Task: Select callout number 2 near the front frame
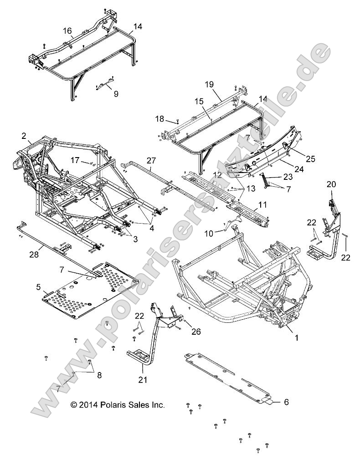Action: click(x=23, y=135)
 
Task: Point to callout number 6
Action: click(x=286, y=402)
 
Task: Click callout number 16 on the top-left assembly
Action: click(x=67, y=31)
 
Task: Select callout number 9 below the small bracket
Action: click(x=116, y=94)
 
